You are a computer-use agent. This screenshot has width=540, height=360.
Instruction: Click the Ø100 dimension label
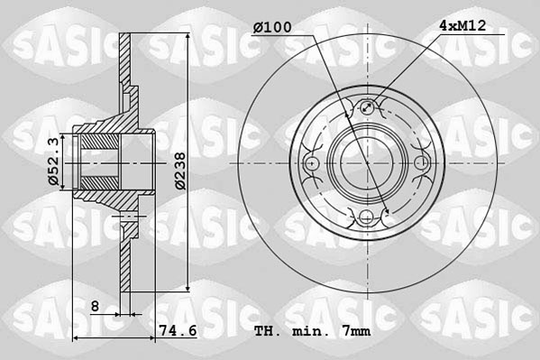pos(273,28)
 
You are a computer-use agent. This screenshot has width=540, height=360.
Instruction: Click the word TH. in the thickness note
pos(268,332)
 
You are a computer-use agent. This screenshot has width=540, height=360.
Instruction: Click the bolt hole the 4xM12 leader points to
pos(366,109)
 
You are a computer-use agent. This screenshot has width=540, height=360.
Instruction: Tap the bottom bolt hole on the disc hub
pos(366,216)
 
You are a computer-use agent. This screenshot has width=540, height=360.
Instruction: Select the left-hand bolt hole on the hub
pos(313,163)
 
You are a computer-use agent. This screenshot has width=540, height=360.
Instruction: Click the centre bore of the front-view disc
pos(366,163)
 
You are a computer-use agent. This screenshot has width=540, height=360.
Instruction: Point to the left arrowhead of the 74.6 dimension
pos(75,338)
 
